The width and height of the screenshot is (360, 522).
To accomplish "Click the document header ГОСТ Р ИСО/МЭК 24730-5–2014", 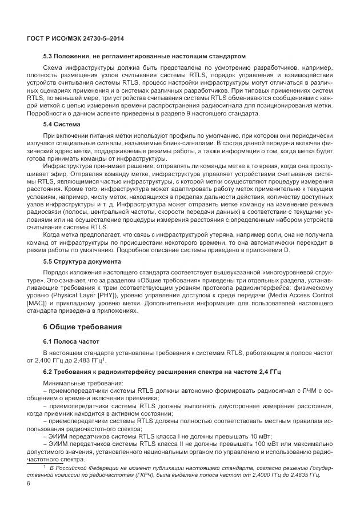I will (x=75, y=38).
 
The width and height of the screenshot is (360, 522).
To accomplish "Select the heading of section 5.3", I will (x=145, y=57).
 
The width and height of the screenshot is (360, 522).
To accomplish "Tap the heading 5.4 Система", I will (x=62, y=124).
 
